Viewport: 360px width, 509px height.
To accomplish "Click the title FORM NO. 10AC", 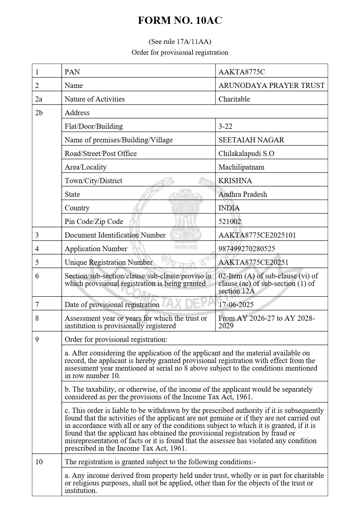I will coord(180,21).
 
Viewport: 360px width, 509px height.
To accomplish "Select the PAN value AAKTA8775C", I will coord(242,72).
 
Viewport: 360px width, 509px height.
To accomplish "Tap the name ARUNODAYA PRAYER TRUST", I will coord(271,86).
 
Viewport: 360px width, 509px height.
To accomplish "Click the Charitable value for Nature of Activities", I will coord(234,99).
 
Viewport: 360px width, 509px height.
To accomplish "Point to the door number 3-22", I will coord(225,126).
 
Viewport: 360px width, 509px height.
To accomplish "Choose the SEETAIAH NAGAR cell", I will coord(251,140).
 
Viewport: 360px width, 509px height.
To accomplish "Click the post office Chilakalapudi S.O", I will coord(246,154).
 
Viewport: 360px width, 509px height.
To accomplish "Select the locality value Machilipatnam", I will coord(241,167).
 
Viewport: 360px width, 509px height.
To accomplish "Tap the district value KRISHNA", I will coord(235,181).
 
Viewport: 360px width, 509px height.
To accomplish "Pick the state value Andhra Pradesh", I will coord(243,194).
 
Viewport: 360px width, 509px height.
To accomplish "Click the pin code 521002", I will coord(230,222).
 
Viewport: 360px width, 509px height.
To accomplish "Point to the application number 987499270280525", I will coord(247,249).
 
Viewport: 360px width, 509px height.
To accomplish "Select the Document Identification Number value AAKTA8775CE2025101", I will coord(257,235).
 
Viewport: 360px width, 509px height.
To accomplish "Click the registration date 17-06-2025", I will coord(236,305).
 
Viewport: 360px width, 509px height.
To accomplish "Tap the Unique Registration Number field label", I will coord(109,262).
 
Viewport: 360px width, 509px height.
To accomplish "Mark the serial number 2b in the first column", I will coord(39,113).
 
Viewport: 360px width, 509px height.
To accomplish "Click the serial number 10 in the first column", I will coord(39,462).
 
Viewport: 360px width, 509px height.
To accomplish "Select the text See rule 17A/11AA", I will coord(180,41).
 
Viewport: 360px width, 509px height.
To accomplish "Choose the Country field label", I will coord(77,208).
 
